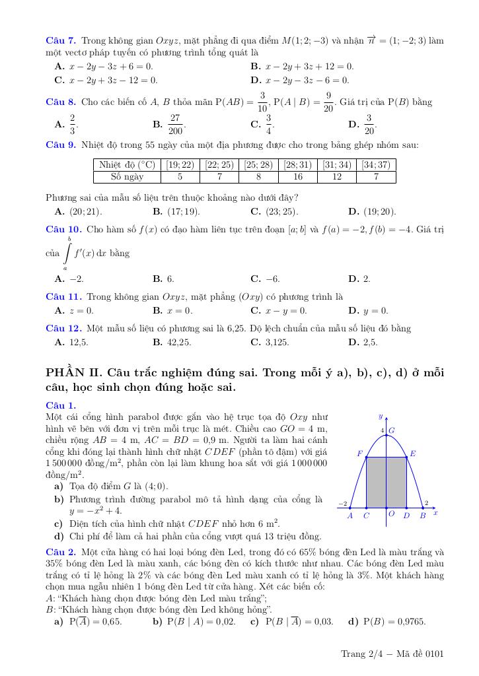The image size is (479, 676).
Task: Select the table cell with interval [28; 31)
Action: pos(298,165)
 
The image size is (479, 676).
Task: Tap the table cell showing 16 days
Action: pos(298,176)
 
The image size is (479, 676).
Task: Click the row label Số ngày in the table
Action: pos(127,176)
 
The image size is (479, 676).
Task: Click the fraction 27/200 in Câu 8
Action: pos(175,123)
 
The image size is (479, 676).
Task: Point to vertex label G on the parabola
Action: pos(392,430)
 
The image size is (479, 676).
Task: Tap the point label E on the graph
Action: pos(413,454)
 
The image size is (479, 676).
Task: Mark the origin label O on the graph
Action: pos(391,514)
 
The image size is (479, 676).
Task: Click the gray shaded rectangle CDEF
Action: pos(387,482)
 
